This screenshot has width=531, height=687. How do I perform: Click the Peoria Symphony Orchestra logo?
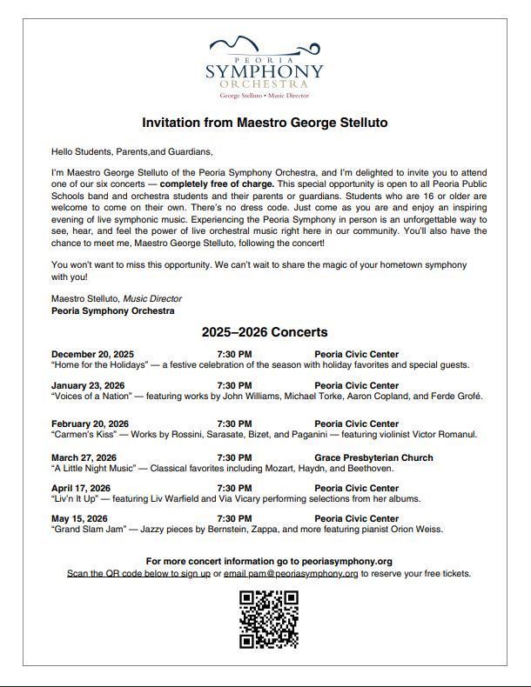[265, 67]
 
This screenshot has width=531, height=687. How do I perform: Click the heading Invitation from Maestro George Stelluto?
[265, 123]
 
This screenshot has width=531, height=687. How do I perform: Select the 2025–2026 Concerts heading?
[265, 332]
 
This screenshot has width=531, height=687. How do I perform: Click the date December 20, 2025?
[92, 354]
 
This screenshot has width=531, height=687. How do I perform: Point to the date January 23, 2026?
[88, 385]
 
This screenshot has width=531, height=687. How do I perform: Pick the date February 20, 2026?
[90, 424]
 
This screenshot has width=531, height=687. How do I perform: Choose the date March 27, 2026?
[84, 457]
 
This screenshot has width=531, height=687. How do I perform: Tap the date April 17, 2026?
[81, 488]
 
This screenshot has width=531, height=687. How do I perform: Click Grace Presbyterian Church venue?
[373, 457]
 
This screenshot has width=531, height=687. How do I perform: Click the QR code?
[269, 619]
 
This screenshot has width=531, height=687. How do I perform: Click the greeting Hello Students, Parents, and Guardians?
[131, 151]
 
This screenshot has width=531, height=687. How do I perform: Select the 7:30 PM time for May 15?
[234, 518]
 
